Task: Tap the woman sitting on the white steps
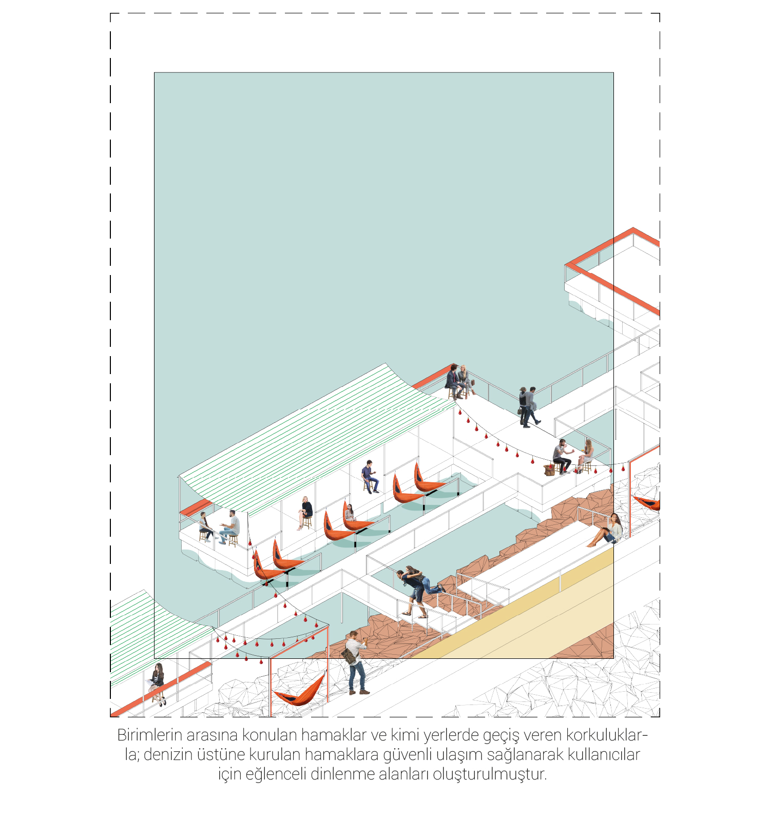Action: tap(606, 531)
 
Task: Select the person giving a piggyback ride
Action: tap(413, 593)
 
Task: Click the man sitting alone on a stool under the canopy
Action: tap(370, 477)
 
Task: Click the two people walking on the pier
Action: tap(528, 407)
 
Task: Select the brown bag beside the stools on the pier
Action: tap(549, 470)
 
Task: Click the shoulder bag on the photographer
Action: tap(349, 655)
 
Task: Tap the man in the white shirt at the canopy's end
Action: tap(230, 527)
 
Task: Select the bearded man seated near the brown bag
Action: tap(562, 456)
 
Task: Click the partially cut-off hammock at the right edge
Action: tap(647, 502)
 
